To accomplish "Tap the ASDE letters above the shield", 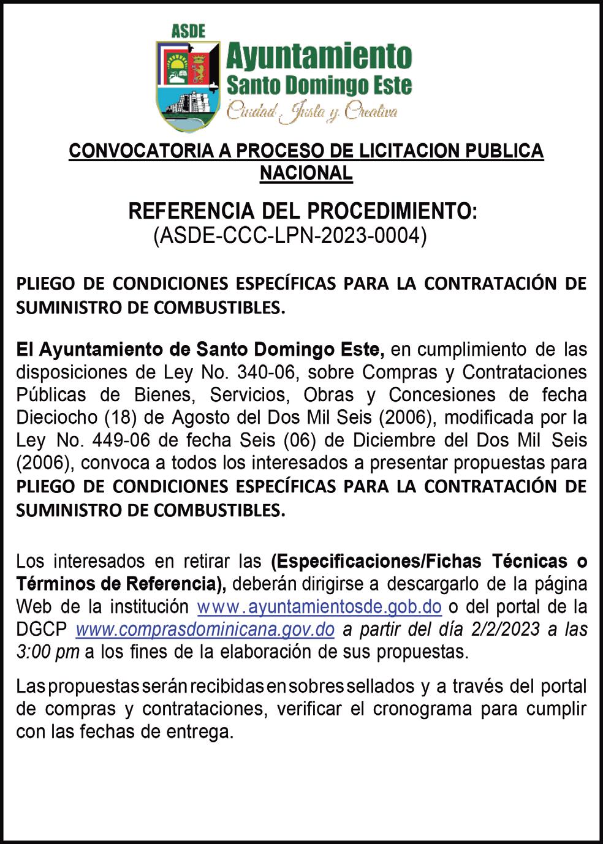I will (188, 31).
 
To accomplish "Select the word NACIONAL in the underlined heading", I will (306, 173).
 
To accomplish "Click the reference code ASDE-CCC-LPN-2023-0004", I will (289, 235).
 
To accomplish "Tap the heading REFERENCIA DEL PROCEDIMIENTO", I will (302, 212).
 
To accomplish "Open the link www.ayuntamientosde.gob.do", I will (319, 607).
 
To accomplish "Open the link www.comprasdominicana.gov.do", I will (205, 629).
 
